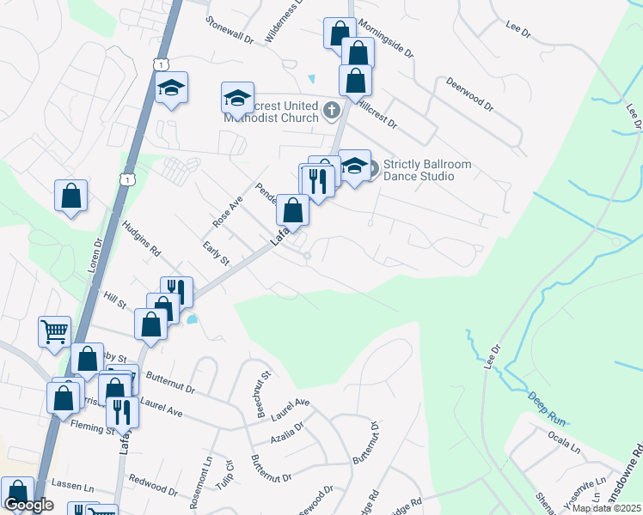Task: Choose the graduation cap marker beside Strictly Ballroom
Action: coord(354,165)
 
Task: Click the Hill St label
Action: coord(114,300)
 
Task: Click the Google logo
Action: coord(28,505)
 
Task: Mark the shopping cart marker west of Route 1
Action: coord(53,330)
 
